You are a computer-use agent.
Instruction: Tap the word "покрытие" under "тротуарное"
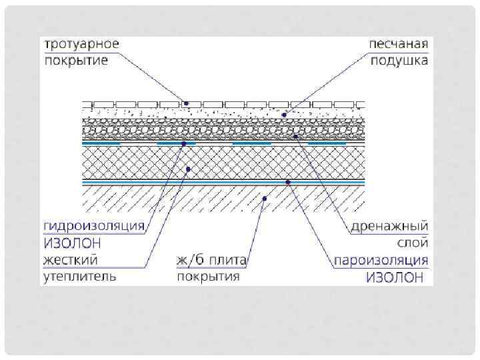click(x=76, y=61)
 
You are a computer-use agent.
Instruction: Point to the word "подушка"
click(x=400, y=61)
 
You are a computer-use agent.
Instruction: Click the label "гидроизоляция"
click(x=94, y=226)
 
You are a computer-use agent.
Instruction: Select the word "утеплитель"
click(x=81, y=275)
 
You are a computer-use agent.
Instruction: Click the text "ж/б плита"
click(x=211, y=259)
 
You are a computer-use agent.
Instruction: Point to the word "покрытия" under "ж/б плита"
click(x=207, y=275)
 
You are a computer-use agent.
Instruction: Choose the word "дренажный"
click(x=389, y=226)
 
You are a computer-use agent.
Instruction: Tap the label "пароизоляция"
click(x=381, y=259)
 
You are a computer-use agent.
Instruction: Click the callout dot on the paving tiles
click(x=186, y=103)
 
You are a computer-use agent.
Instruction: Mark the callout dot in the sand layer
click(x=284, y=115)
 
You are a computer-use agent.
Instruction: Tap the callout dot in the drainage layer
click(x=295, y=135)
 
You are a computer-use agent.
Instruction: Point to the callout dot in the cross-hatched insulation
click(x=189, y=169)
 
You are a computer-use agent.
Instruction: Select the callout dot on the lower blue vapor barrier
click(x=287, y=181)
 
